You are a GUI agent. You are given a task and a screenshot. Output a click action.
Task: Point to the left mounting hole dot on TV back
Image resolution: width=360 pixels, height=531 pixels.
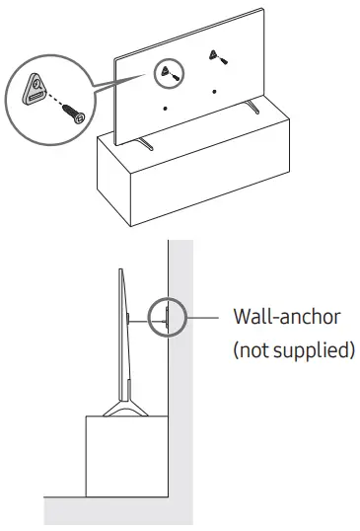pyautogui.click(x=165, y=108)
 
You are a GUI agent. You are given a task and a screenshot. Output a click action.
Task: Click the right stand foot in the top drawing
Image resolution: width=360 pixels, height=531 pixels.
pyautogui.click(x=253, y=107)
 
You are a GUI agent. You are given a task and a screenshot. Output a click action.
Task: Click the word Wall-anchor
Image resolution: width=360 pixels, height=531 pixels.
pyautogui.click(x=286, y=319)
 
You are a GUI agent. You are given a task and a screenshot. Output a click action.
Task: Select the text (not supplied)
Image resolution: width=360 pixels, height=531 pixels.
pyautogui.click(x=292, y=350)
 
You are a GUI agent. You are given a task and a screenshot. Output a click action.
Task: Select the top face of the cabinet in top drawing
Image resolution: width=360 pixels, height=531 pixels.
pyautogui.click(x=197, y=138)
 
